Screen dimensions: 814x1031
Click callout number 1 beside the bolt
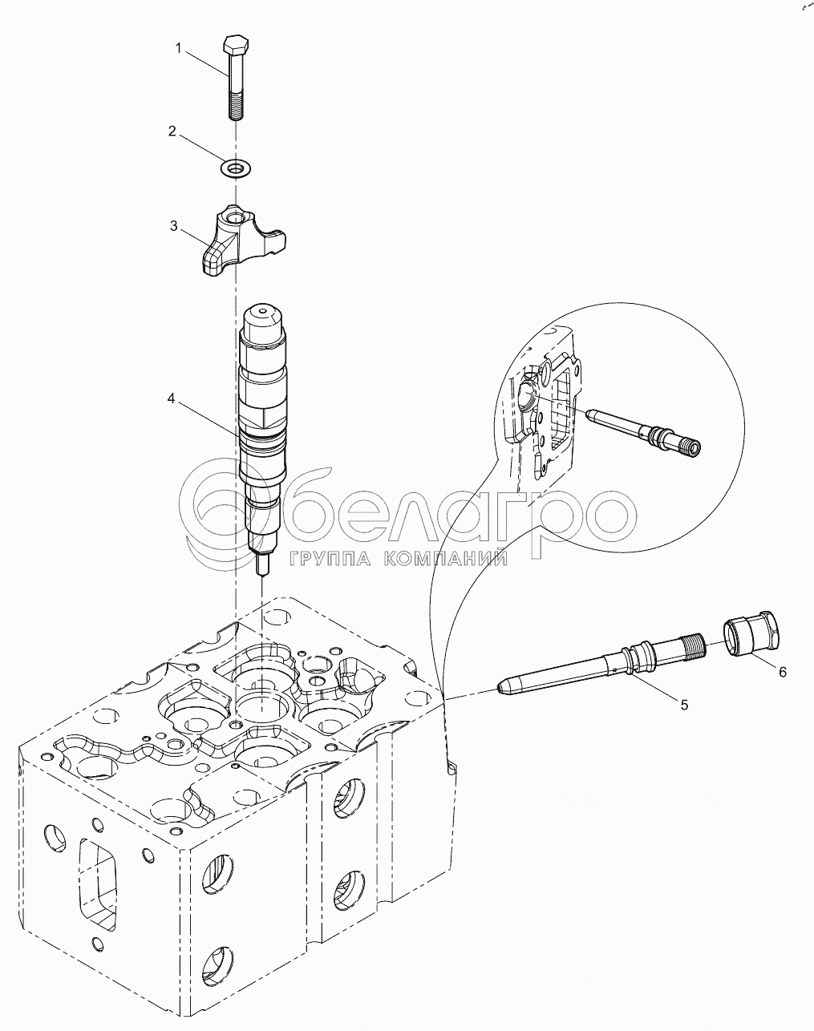(178, 48)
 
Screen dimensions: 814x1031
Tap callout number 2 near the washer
(172, 131)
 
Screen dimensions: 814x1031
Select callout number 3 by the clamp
(173, 225)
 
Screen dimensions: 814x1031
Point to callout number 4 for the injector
(171, 398)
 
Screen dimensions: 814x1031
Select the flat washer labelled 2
(237, 168)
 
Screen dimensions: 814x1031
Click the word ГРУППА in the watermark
(330, 558)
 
